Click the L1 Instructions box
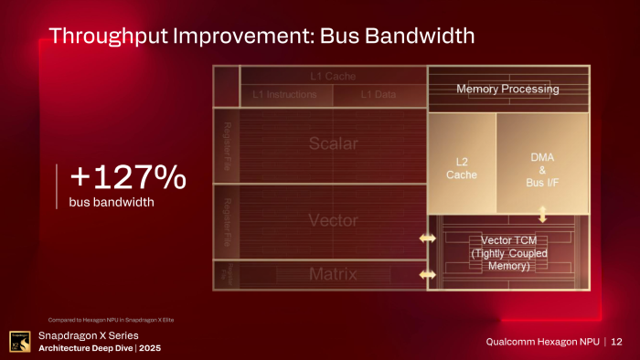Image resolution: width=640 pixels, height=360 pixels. [x=284, y=94]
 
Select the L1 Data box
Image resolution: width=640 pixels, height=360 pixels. [x=379, y=94]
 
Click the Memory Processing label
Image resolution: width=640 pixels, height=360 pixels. [x=507, y=89]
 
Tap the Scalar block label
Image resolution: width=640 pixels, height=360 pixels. [x=333, y=144]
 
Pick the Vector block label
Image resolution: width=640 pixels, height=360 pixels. [x=333, y=220]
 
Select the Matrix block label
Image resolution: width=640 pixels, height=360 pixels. [x=333, y=274]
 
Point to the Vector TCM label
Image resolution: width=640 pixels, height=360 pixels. [x=499, y=252]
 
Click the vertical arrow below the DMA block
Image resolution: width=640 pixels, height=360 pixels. [x=542, y=214]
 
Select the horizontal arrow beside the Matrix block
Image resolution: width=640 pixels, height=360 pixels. [x=427, y=274]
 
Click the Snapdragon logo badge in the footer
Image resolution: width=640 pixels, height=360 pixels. [x=17, y=341]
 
